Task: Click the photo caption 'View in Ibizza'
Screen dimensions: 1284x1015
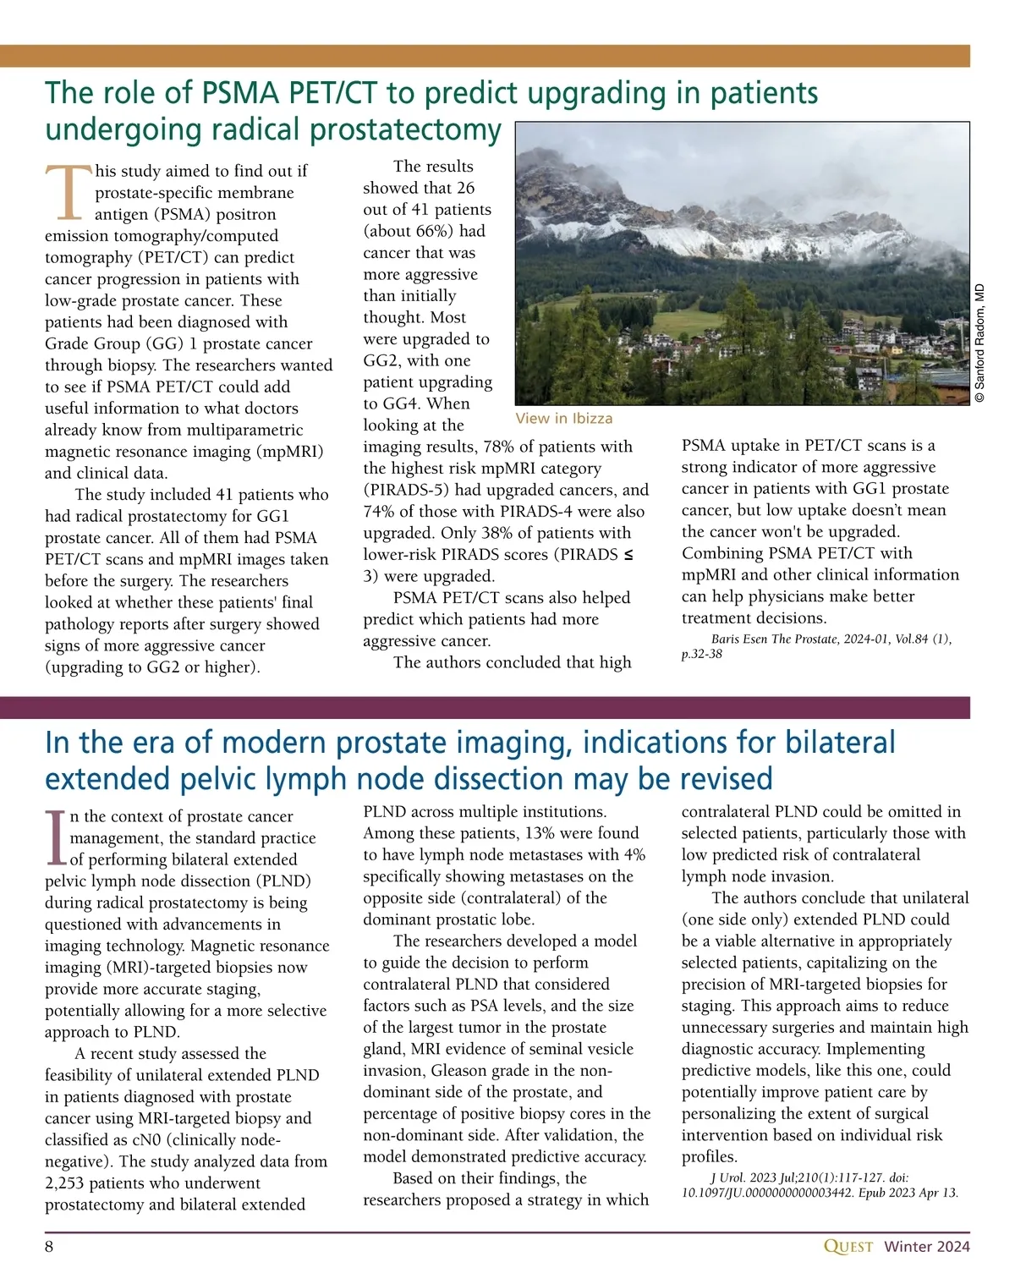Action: coord(563,419)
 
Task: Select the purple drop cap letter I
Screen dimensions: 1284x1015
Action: coord(55,837)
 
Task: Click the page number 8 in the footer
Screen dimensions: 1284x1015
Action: coord(50,1246)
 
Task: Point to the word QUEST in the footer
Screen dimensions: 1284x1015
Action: coord(848,1247)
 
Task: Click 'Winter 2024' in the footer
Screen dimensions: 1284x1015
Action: coord(927,1247)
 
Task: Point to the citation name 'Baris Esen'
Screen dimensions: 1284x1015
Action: coord(739,639)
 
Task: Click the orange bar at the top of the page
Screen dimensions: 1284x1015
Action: coord(485,56)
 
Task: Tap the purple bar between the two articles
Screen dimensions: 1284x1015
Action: coord(485,707)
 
